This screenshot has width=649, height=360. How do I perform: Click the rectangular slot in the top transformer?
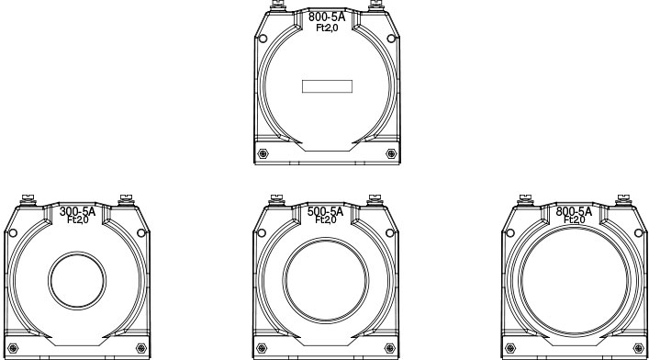327,86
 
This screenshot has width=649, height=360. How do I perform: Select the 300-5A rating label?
77,212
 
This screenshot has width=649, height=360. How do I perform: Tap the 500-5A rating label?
325,212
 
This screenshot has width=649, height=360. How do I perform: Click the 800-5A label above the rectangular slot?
327,17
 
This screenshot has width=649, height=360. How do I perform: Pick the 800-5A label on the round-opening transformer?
574,212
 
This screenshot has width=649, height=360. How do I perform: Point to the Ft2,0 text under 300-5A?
78,220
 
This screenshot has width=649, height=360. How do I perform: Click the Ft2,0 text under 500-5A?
326,220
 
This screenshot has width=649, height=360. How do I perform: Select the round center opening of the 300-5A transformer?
77,280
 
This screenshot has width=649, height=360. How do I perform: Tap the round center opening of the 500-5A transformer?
326,280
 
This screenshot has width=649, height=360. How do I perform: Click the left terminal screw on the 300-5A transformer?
28,199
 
